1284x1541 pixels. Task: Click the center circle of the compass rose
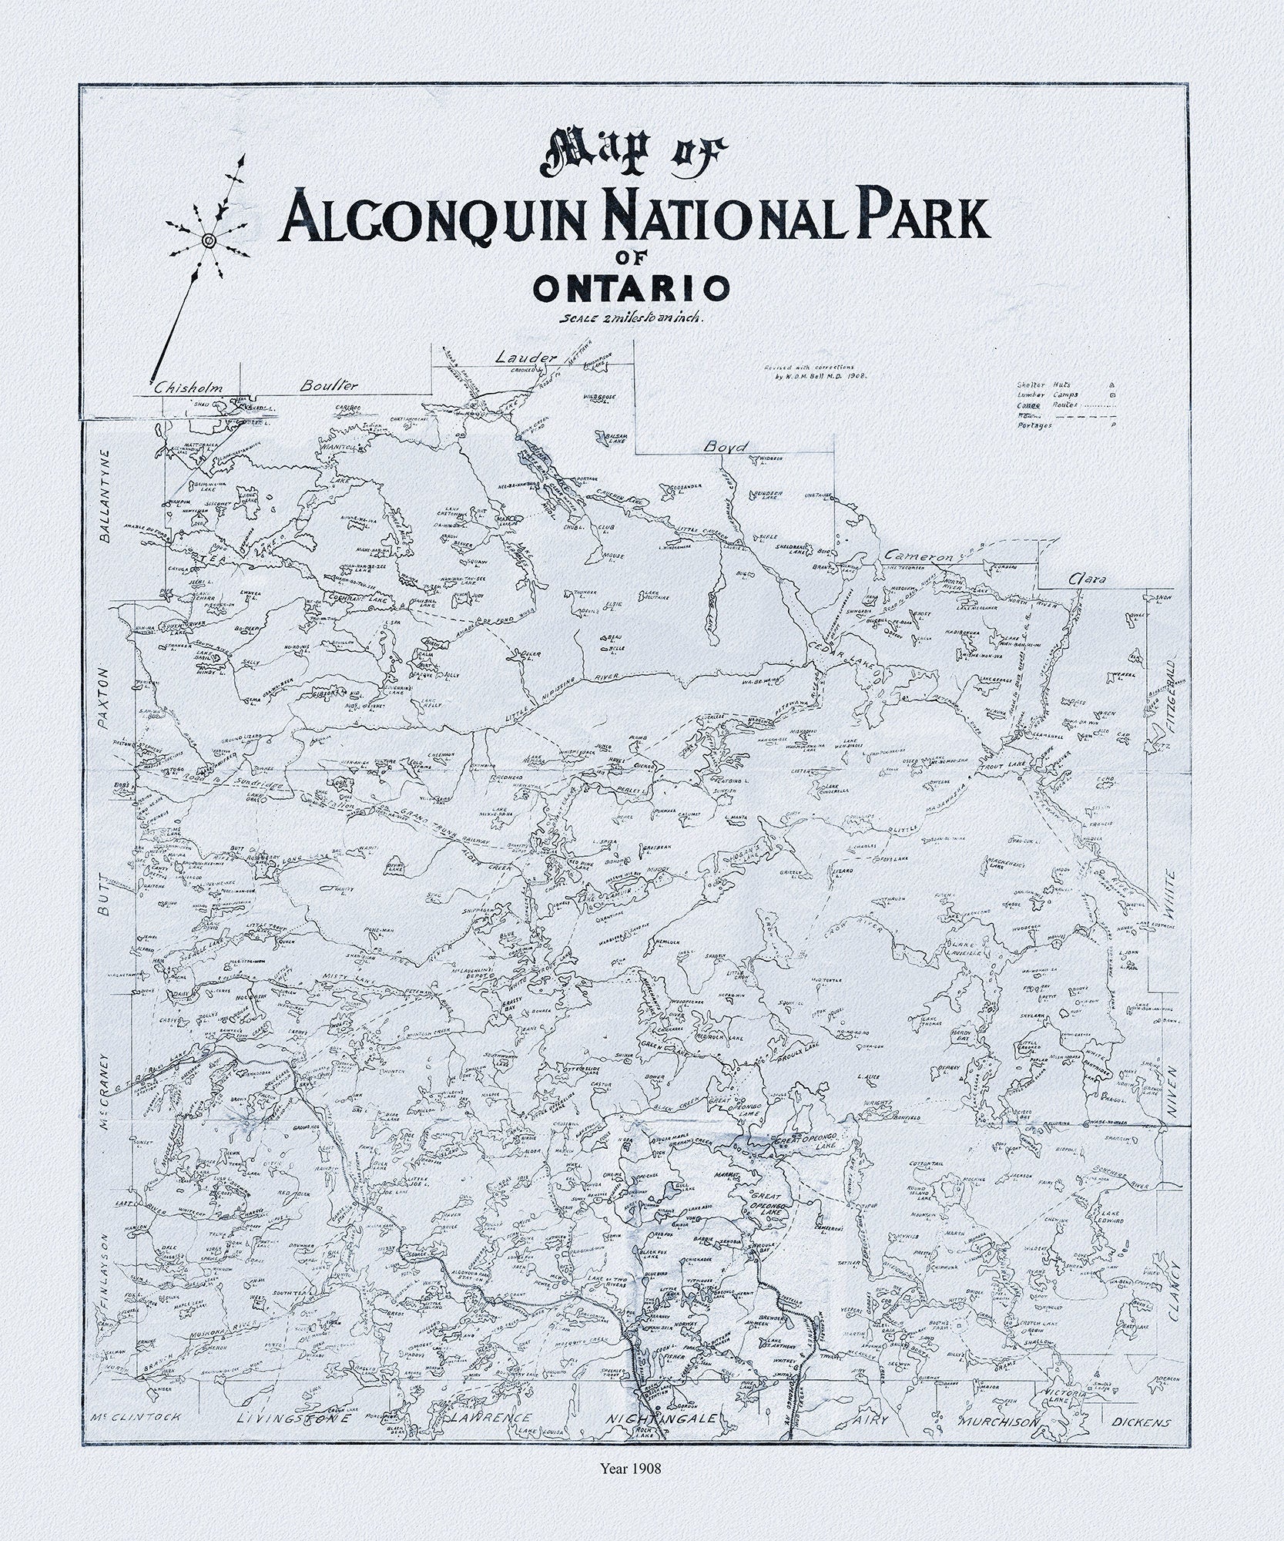[207, 241]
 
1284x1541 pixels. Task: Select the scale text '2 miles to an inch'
[632, 317]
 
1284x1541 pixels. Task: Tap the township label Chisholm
[189, 389]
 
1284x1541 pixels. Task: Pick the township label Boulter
[329, 384]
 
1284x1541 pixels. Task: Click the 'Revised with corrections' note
[808, 368]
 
